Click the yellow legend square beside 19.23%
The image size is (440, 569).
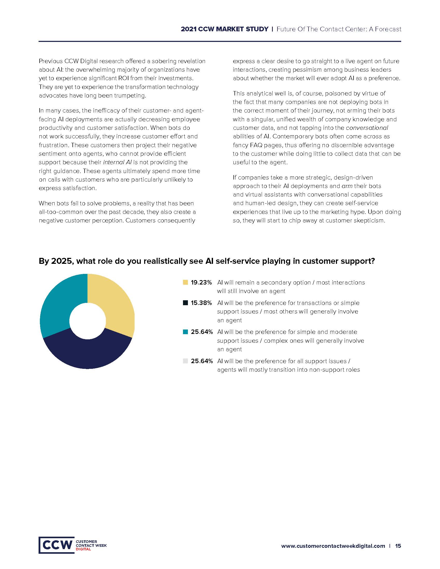tap(185, 282)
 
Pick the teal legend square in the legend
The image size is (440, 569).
tap(185, 332)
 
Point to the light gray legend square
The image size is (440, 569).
tap(185, 361)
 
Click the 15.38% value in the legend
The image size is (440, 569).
tap(201, 303)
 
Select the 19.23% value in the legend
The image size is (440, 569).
tap(201, 283)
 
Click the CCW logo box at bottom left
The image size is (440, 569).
tap(57, 545)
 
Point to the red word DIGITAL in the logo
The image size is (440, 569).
tap(83, 549)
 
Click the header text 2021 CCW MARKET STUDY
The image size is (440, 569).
tap(224, 29)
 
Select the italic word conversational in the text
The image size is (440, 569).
tap(367, 128)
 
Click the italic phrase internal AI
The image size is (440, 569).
tap(117, 162)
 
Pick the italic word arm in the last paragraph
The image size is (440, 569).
tap(347, 186)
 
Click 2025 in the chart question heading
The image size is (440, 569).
tap(62, 261)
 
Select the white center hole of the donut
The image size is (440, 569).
tap(87, 321)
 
